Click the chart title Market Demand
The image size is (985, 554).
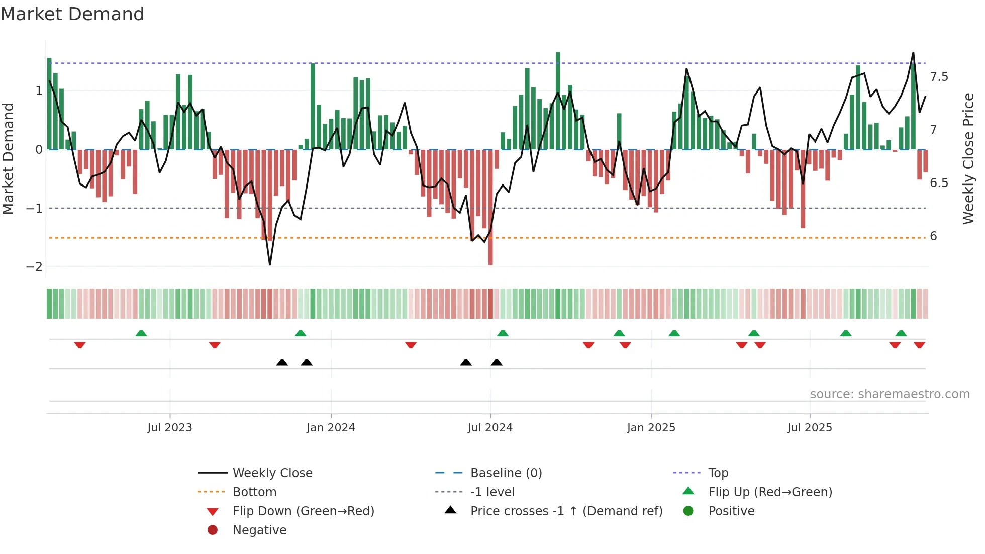coord(72,14)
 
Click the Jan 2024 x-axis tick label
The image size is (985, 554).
coord(331,428)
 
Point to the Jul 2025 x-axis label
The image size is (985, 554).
coord(810,428)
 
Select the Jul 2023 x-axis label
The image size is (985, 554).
coord(170,428)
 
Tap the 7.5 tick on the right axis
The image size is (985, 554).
coord(939,77)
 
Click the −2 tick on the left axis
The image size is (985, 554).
coord(34,267)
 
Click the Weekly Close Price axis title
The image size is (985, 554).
coord(968,158)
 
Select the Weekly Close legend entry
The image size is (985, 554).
coord(272,473)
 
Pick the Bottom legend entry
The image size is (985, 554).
coord(254,492)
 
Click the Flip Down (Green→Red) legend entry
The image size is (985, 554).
coord(303,511)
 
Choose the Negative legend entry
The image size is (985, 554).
coord(259,530)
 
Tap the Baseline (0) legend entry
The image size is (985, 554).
coord(506,473)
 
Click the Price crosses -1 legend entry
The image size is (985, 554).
coord(566,511)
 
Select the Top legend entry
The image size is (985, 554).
coord(718,473)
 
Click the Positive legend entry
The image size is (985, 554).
coord(731,511)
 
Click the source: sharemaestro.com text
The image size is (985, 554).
coord(890,394)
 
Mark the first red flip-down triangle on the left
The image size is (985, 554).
coord(80,345)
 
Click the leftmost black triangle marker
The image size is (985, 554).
coord(282,362)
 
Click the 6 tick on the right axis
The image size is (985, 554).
coord(933,236)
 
